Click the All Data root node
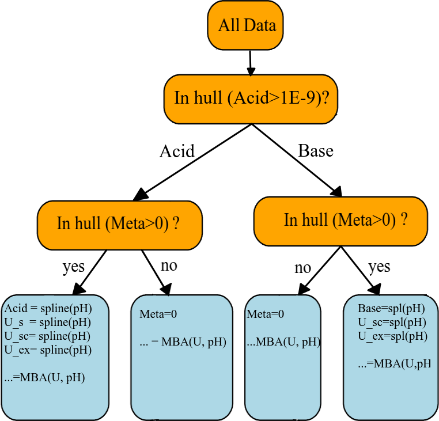click(246, 25)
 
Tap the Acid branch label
click(177, 151)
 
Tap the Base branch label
click(316, 151)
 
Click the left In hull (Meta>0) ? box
click(120, 223)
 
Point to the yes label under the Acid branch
click(73, 267)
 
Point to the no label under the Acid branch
click(169, 266)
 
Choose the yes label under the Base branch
click(379, 267)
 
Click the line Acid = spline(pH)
click(48, 308)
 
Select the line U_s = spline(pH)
click(48, 321)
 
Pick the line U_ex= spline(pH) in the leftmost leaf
click(48, 349)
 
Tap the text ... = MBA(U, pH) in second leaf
click(183, 342)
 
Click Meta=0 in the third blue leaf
click(266, 314)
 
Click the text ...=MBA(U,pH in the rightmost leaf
click(394, 364)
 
